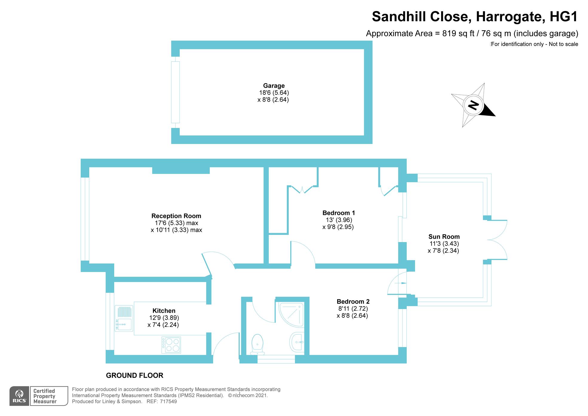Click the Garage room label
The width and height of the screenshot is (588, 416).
click(274, 86)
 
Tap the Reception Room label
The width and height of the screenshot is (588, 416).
click(176, 216)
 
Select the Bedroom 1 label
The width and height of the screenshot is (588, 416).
click(339, 213)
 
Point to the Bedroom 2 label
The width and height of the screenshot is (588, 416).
click(353, 301)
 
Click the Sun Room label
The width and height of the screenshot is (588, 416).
click(444, 237)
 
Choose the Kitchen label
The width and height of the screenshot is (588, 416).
click(164, 311)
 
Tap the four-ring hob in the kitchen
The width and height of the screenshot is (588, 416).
click(171, 345)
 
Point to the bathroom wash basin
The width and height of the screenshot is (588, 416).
click(297, 342)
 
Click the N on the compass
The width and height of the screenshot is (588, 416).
click(473, 105)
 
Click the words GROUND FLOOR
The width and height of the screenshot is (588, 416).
click(134, 375)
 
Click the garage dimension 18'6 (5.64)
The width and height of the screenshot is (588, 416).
click(274, 93)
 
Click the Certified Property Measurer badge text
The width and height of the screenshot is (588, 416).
click(44, 396)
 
